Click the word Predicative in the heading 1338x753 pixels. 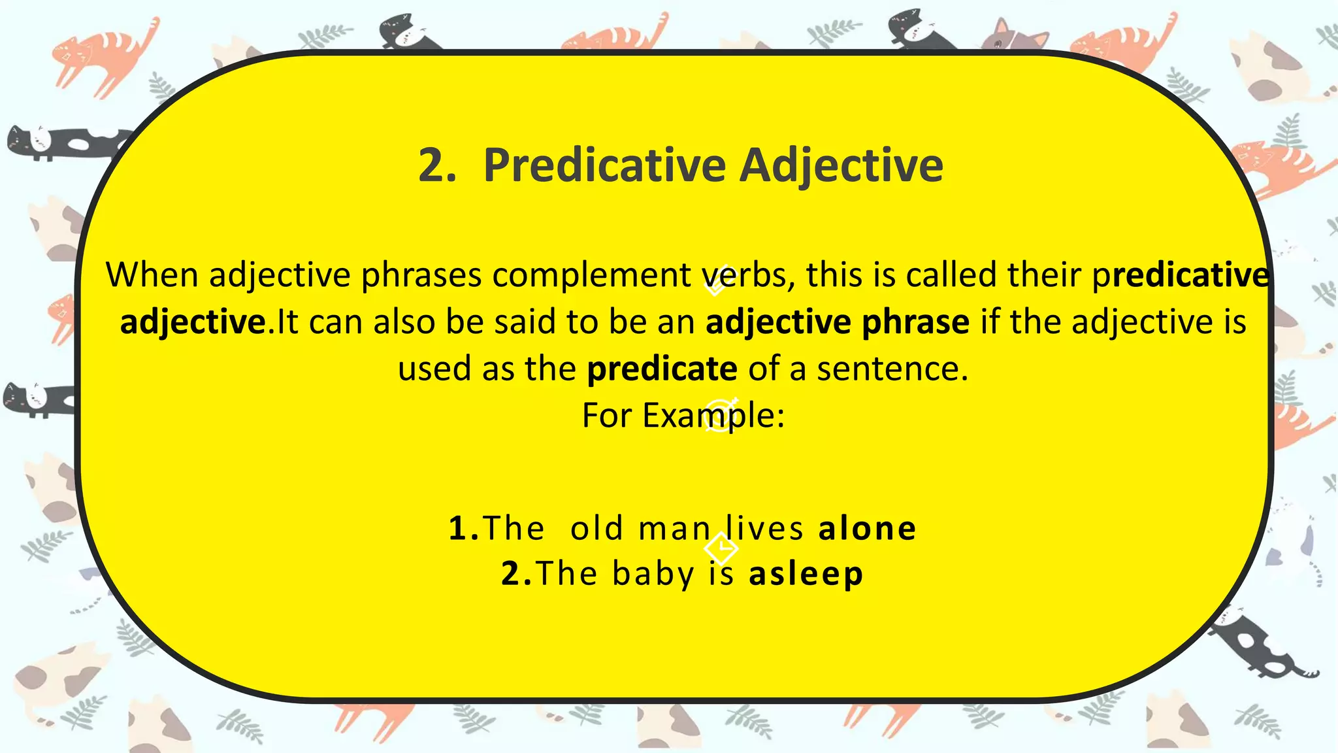pyautogui.click(x=604, y=165)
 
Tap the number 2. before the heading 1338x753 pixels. pyautogui.click(x=437, y=165)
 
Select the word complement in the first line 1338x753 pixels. pyautogui.click(x=592, y=275)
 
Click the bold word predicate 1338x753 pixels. pyautogui.click(x=662, y=369)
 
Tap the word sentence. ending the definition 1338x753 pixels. pyautogui.click(x=892, y=369)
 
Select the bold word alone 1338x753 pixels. pyautogui.click(x=868, y=528)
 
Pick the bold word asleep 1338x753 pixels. pyautogui.click(x=806, y=574)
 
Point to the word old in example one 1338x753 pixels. pyautogui.click(x=596, y=528)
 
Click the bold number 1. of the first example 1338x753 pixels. pyautogui.click(x=465, y=528)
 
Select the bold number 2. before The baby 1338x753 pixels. pyautogui.click(x=517, y=574)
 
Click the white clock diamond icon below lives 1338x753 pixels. pyautogui.click(x=721, y=548)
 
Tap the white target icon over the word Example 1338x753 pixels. pyautogui.click(x=720, y=414)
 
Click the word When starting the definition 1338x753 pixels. pyautogui.click(x=152, y=275)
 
